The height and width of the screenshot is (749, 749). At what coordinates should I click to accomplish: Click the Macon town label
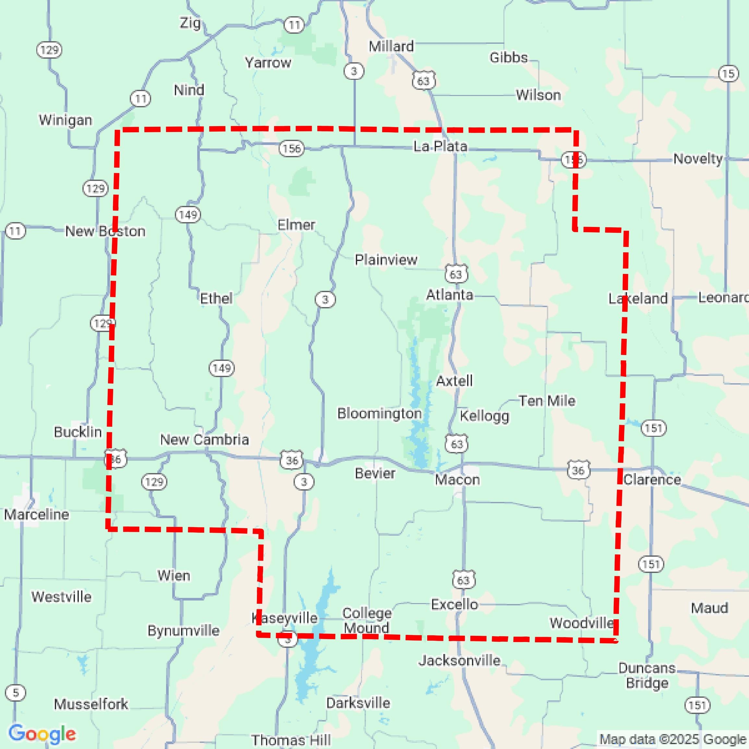coord(457,480)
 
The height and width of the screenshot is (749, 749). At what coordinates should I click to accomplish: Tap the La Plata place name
coord(440,146)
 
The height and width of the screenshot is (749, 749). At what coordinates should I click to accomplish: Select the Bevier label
coord(375,473)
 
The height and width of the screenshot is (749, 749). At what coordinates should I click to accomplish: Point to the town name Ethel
coord(216,299)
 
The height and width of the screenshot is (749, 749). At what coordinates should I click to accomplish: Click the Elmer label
coord(296,225)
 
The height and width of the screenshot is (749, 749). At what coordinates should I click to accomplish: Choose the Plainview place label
coord(386,260)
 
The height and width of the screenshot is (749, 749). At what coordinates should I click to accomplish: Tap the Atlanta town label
coord(450,295)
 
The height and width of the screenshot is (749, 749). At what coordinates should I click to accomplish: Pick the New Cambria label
coord(204,439)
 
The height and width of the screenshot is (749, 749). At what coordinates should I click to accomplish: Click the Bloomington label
coord(379,413)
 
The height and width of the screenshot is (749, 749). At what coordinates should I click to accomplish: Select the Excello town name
coord(454,604)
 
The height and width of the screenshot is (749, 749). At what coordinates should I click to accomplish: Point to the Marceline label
coord(36,515)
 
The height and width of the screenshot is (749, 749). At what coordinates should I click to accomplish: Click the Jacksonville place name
coord(459,660)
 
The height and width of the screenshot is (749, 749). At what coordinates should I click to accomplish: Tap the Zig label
coord(190,23)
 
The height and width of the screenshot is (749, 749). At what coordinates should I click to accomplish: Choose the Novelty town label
coord(698,159)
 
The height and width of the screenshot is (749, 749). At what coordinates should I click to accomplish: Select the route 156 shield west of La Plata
coord(292,148)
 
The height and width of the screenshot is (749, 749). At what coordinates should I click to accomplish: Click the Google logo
coord(42,734)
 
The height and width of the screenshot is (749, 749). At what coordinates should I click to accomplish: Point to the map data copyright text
coord(673,739)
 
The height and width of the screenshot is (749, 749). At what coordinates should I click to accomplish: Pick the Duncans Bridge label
coord(647,675)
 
